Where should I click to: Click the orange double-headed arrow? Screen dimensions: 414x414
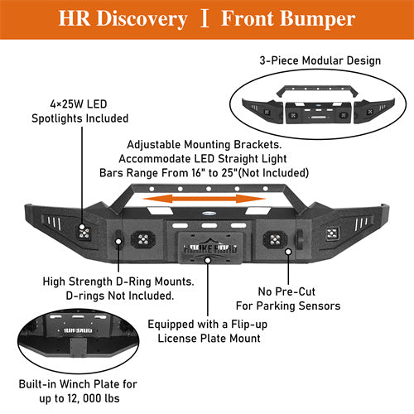(x=206, y=199)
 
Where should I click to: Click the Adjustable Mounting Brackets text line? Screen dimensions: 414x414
(x=205, y=142)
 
